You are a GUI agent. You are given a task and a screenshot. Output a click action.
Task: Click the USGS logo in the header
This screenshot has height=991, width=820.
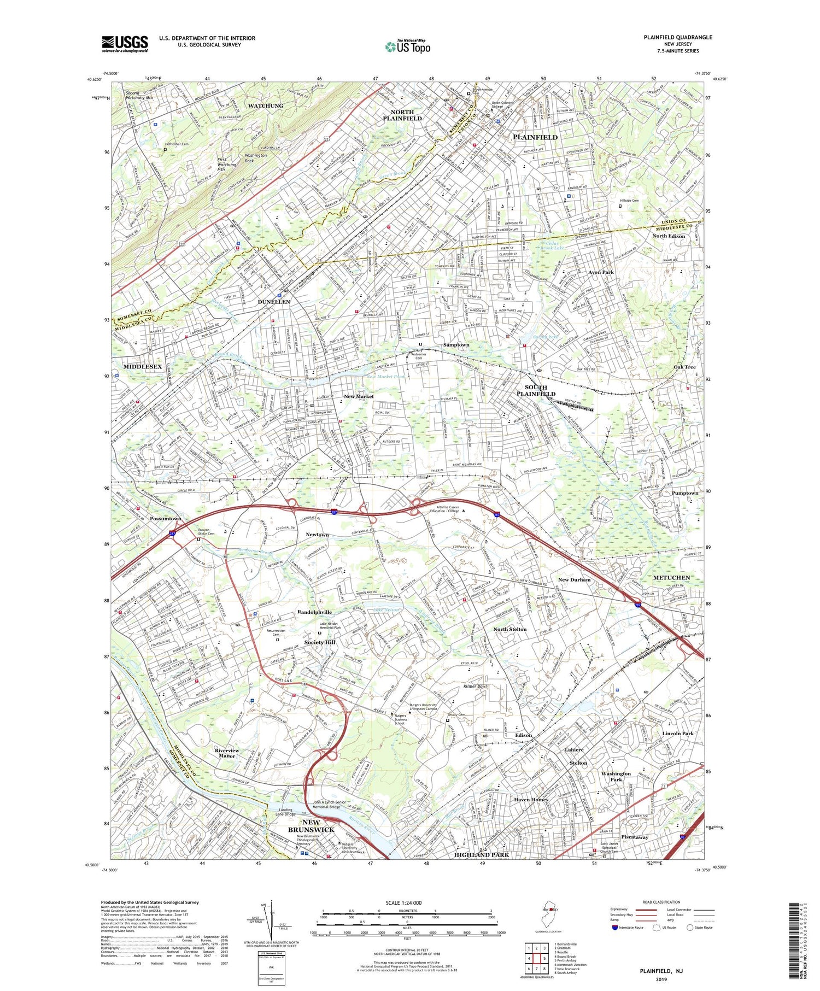pyautogui.click(x=125, y=44)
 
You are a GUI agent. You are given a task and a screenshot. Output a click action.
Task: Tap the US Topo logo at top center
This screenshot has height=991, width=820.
pyautogui.click(x=407, y=47)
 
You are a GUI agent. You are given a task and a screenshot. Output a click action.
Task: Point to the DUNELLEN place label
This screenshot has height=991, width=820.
pyautogui.click(x=274, y=302)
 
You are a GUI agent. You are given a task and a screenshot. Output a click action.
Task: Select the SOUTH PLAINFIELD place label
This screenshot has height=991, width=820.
pyautogui.click(x=536, y=390)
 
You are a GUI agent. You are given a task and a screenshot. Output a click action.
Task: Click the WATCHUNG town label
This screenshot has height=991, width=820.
pyautogui.click(x=266, y=105)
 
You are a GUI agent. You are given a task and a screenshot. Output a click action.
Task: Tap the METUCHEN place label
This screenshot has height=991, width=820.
pyautogui.click(x=671, y=577)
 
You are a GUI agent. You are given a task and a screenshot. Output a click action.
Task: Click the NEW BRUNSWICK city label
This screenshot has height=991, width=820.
pyautogui.click(x=311, y=826)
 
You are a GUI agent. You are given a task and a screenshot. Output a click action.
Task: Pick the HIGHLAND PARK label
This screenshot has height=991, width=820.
pyautogui.click(x=482, y=854)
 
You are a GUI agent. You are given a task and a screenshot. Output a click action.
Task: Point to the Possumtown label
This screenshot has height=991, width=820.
pyautogui.click(x=166, y=518)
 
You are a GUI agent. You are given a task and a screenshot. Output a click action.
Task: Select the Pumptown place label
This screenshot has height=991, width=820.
pyautogui.click(x=685, y=492)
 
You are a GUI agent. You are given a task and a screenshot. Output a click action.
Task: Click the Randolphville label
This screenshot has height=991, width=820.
pyautogui.click(x=314, y=612)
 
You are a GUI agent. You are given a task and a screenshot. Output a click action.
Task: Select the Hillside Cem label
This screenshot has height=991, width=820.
pyautogui.click(x=629, y=201)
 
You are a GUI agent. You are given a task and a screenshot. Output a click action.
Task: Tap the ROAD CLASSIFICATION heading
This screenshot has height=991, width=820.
pyautogui.click(x=661, y=902)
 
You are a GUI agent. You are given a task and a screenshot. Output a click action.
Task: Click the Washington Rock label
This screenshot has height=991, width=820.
pyautogui.click(x=256, y=158)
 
